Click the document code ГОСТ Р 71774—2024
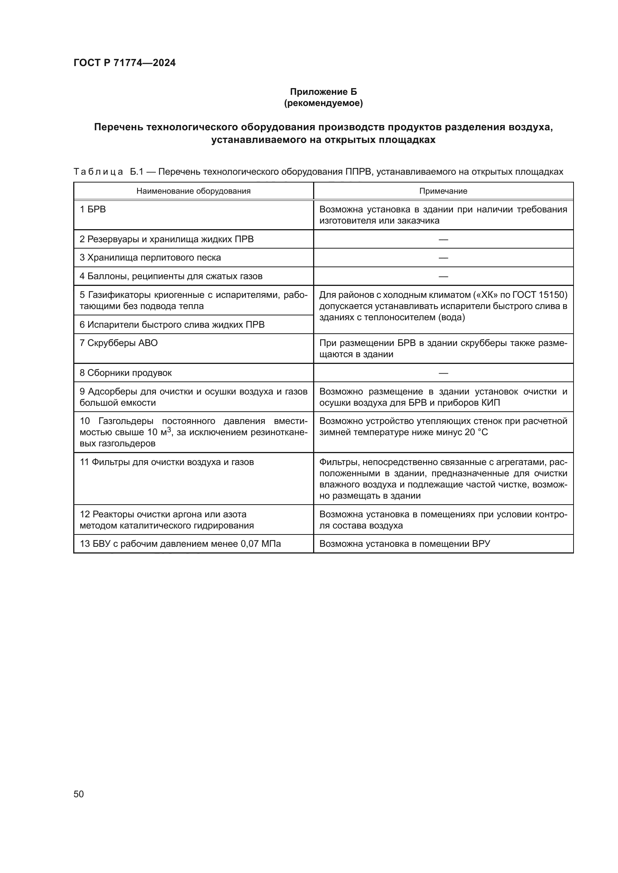pos(124,63)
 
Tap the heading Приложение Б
pos(323,92)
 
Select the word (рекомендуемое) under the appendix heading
pos(323,103)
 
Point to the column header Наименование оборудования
pos(193,191)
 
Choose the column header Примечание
pos(443,191)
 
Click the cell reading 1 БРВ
pos(93,209)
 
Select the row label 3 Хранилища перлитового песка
pos(150,258)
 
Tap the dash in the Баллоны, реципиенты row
pos(443,277)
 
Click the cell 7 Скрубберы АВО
pos(118,343)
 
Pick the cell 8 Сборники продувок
pos(126,372)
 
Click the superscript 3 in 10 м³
pos(169,430)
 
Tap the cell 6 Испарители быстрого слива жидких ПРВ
pos(172,325)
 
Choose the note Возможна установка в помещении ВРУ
pos(405,544)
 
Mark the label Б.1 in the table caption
pos(136,172)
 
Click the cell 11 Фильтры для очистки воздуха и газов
pos(167,462)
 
